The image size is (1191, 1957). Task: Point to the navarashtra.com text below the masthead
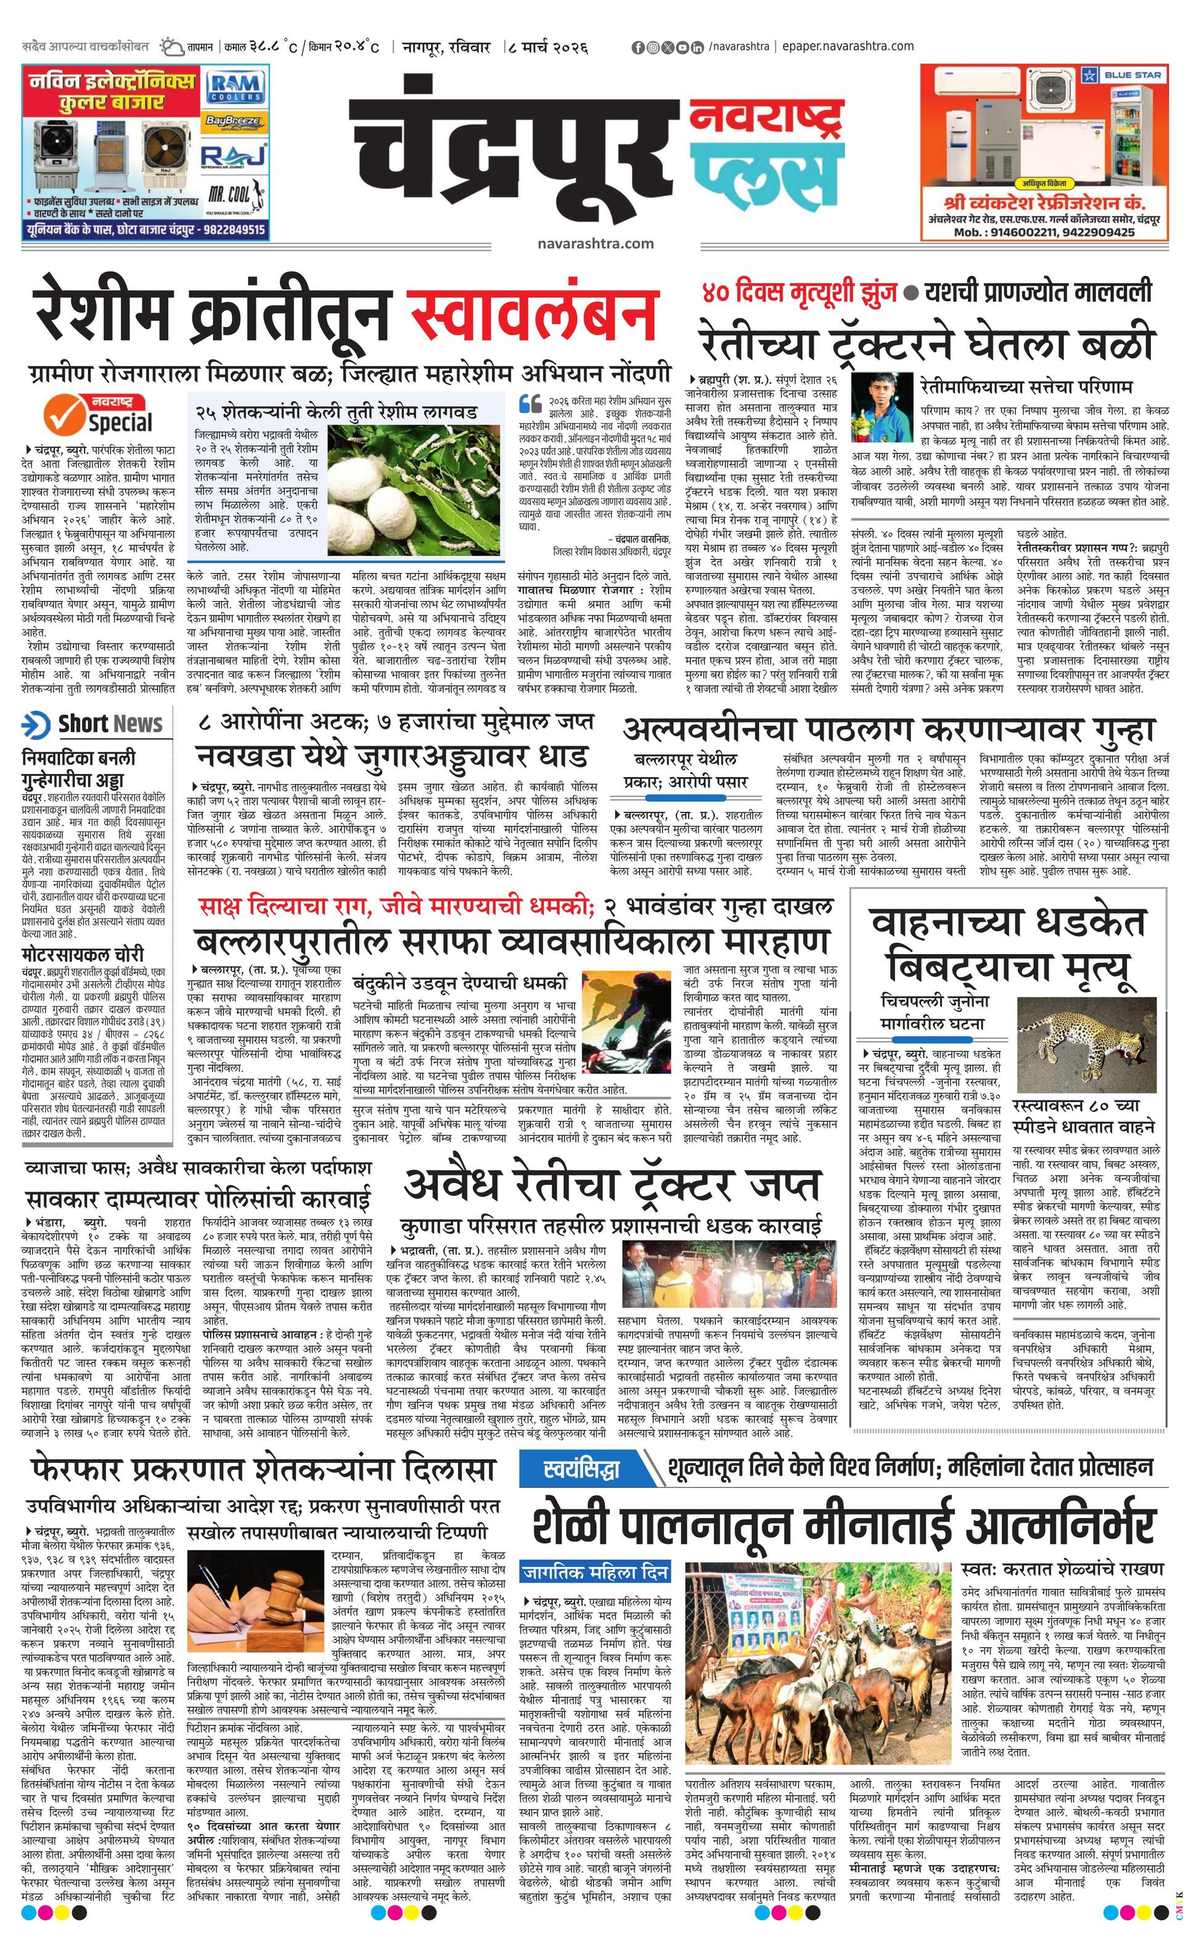(595, 243)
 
